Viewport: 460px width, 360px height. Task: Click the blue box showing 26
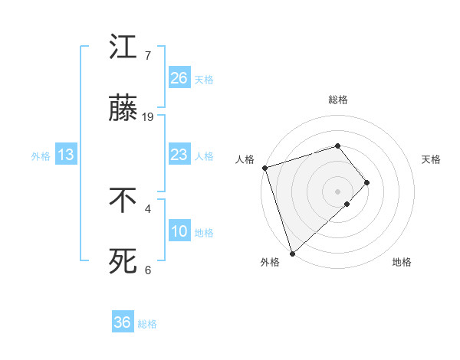179,77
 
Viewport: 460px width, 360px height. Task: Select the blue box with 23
179,155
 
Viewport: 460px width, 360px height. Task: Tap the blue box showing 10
179,231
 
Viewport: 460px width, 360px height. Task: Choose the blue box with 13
66,155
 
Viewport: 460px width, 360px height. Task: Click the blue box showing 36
122,322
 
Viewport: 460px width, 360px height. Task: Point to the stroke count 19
148,117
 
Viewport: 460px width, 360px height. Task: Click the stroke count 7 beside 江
148,55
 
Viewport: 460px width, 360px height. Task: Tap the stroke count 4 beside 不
148,208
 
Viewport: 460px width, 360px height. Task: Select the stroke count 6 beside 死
148,270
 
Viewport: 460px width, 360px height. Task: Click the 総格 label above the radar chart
338,100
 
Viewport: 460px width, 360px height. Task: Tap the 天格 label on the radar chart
432,159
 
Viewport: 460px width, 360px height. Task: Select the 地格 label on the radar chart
402,262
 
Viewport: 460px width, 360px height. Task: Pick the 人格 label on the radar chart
245,159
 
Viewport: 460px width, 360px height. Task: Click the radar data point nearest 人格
264,168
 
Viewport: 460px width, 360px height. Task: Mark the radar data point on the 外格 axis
292,253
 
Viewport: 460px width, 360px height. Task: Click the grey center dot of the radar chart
337,191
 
